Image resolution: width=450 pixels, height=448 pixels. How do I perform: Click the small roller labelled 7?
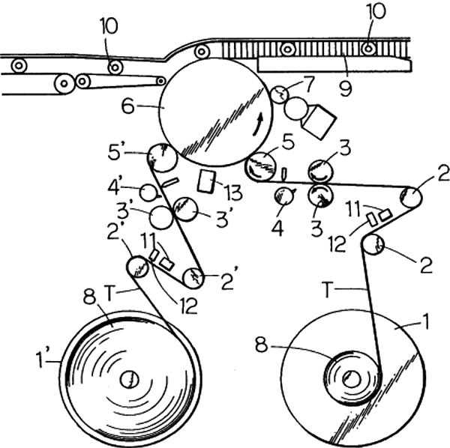point(278,94)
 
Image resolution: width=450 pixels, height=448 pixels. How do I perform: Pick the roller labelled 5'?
point(160,157)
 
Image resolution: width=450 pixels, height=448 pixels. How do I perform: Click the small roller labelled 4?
point(283,196)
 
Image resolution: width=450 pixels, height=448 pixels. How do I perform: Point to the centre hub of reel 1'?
point(129,379)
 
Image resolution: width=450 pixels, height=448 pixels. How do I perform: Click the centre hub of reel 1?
point(351,379)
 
